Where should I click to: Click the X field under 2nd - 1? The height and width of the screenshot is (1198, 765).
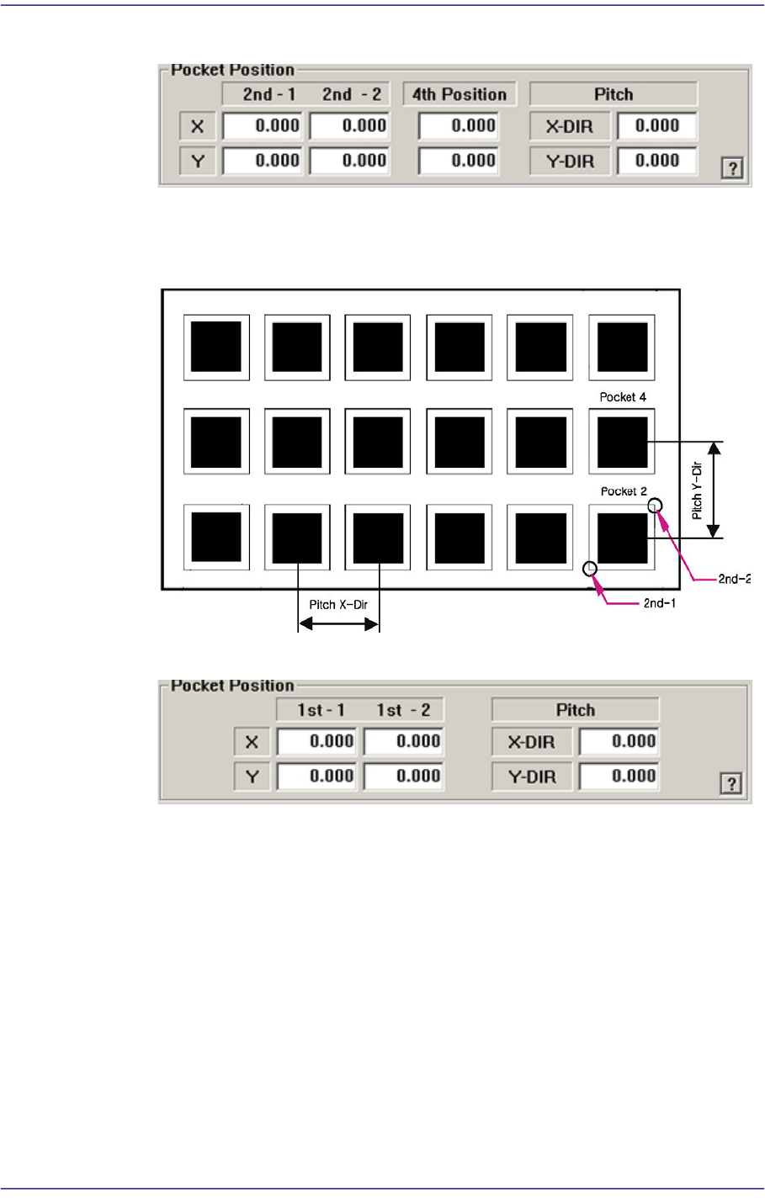(263, 126)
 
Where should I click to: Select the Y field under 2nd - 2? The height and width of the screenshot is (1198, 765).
(349, 161)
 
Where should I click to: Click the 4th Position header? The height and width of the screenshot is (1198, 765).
(460, 94)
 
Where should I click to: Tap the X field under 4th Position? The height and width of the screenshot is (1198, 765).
(459, 126)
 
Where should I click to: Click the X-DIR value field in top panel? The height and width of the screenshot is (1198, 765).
(656, 126)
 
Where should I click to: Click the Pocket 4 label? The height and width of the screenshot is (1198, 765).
(623, 397)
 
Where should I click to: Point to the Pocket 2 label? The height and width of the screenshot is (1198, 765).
(623, 491)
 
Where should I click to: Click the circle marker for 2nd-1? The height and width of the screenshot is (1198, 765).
(591, 569)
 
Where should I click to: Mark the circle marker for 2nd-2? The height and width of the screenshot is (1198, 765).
(656, 505)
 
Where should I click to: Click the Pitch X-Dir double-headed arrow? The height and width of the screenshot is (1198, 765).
(339, 623)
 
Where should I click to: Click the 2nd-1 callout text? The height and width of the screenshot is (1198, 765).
(660, 603)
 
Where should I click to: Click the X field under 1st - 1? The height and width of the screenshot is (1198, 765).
(317, 742)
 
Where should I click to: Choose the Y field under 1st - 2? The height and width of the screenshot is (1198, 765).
(404, 777)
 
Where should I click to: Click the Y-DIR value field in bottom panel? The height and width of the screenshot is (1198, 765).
(619, 777)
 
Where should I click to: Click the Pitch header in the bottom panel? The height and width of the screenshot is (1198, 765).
(575, 710)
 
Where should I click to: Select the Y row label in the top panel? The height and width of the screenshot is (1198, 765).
(198, 161)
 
